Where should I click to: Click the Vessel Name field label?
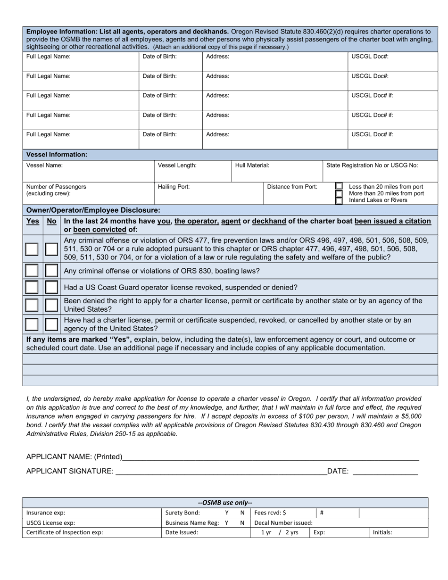click(44, 166)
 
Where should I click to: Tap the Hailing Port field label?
click(174, 187)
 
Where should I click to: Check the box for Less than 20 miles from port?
click(339, 186)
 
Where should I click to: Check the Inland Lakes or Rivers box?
click(339, 201)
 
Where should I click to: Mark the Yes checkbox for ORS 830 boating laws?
click(32, 271)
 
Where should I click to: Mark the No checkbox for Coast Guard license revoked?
click(51, 287)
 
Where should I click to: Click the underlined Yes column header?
click(33, 221)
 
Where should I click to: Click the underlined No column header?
click(51, 221)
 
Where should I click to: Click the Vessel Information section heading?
click(57, 154)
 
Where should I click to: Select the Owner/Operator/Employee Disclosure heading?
click(93, 210)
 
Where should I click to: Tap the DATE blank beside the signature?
click(385, 471)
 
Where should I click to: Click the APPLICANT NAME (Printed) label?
click(74, 456)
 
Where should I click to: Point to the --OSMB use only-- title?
click(225, 503)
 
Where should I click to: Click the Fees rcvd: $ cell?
click(282, 513)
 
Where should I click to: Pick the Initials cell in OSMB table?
click(397, 532)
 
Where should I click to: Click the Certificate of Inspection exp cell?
click(91, 532)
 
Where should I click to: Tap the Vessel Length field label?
click(177, 166)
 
